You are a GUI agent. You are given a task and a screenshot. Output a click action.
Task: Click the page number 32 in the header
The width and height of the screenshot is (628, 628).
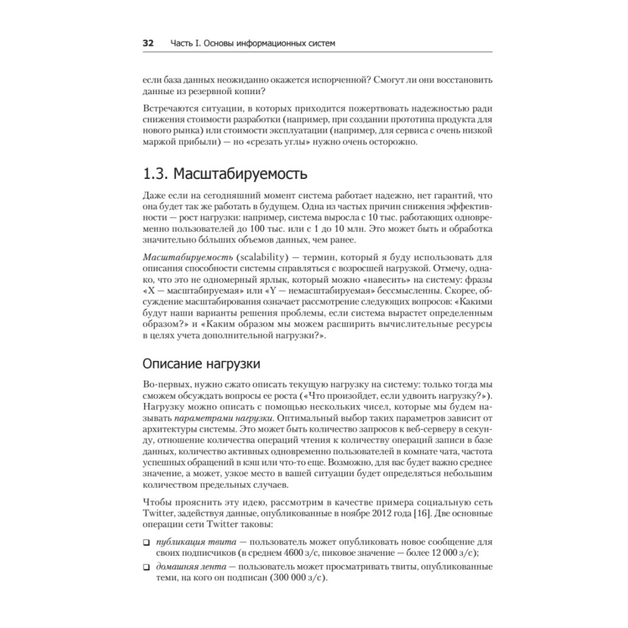148,43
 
